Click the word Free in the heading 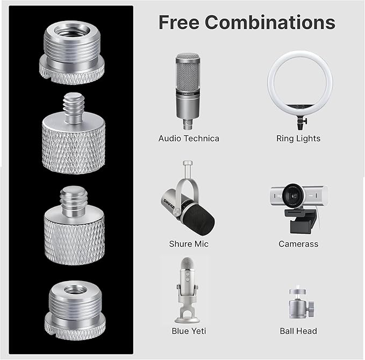point(179,23)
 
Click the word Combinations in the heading point(270,23)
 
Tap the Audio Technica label point(189,139)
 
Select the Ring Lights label point(298,139)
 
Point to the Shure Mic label point(189,244)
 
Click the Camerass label point(298,244)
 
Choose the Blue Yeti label point(189,331)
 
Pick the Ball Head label point(298,331)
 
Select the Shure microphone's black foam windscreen point(199,218)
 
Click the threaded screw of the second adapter point(73,106)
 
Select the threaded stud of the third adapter point(74,200)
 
